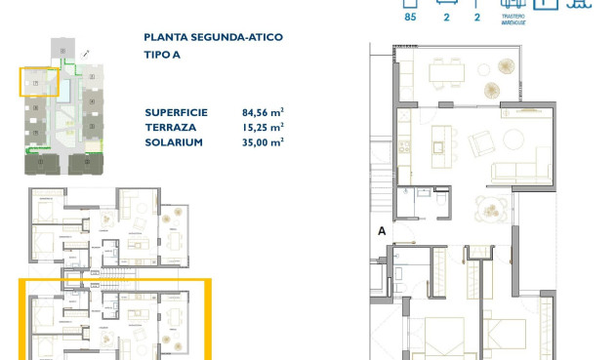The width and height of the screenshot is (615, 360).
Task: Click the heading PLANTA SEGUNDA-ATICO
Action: (213, 37)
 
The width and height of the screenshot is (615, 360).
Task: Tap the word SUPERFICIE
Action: (178, 111)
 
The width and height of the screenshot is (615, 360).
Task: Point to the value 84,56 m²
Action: (263, 111)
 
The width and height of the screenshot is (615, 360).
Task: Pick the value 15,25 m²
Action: (263, 127)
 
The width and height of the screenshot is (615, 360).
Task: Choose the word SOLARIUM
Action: (174, 142)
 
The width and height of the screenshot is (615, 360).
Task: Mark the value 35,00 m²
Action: (263, 142)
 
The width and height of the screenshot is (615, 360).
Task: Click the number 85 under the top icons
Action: (410, 17)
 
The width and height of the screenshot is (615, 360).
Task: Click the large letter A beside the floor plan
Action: (383, 231)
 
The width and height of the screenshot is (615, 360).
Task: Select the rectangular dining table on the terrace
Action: (448, 72)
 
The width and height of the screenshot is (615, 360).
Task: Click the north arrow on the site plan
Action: (89, 53)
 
